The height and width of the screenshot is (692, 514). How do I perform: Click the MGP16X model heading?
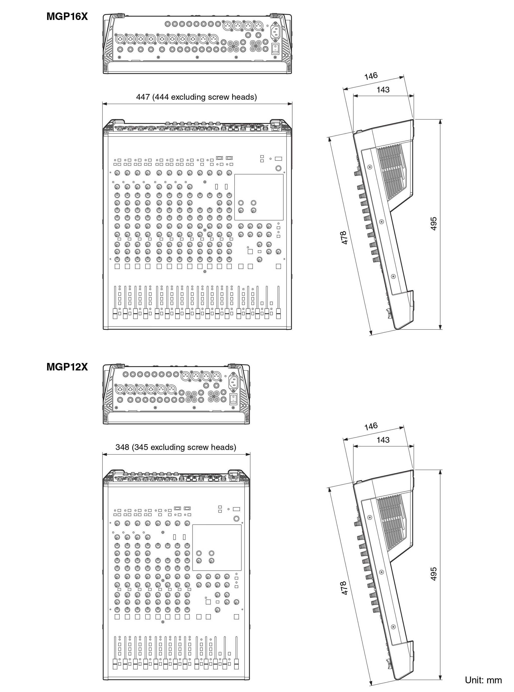click(x=67, y=16)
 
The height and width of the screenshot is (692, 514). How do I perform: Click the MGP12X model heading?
click(x=67, y=367)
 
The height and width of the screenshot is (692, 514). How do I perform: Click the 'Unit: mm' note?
click(x=483, y=680)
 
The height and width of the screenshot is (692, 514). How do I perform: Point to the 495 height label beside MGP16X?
click(x=434, y=224)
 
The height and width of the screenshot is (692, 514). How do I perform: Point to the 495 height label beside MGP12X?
click(x=434, y=574)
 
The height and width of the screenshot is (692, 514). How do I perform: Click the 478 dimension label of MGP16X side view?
click(x=344, y=237)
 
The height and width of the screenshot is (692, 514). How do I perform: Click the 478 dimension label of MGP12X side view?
click(x=344, y=588)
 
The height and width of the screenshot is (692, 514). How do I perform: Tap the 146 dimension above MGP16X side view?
click(x=371, y=76)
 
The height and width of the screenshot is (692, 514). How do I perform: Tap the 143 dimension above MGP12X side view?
click(x=383, y=440)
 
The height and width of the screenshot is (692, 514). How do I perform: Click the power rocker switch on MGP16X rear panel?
click(x=275, y=49)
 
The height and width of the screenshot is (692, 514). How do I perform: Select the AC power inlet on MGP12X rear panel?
click(x=234, y=382)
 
